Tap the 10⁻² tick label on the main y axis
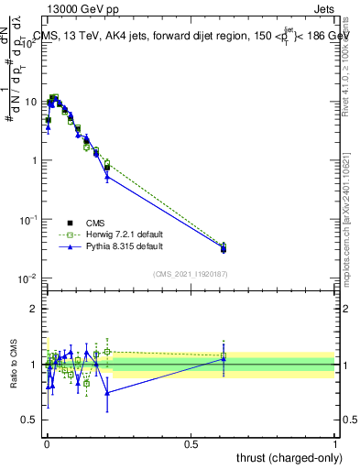click(x=29, y=278)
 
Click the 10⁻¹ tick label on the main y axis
click(x=29, y=220)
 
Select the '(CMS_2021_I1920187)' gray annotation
click(x=189, y=273)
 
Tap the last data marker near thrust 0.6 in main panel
click(x=224, y=248)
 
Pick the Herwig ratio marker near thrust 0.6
click(x=224, y=355)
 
